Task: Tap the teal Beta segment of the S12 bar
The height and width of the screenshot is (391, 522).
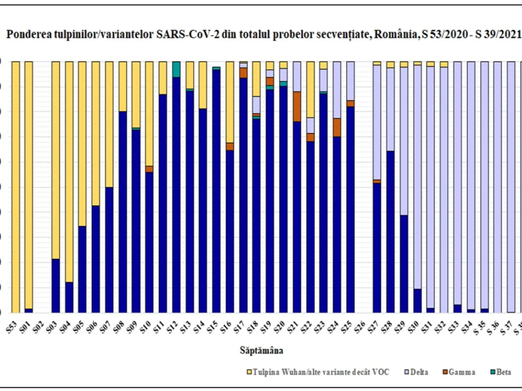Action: [176, 69]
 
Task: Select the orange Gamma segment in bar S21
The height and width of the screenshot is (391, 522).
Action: [297, 106]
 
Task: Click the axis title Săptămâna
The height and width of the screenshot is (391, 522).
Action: [261, 350]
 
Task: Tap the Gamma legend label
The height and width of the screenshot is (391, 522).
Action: [462, 372]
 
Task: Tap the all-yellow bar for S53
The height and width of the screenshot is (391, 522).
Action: [16, 187]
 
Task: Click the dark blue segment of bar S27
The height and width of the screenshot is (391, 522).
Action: [377, 248]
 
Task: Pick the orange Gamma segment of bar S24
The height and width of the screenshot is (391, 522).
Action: [337, 127]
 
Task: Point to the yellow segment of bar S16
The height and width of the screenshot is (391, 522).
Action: [230, 102]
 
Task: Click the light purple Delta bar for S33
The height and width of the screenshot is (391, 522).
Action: [457, 182]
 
